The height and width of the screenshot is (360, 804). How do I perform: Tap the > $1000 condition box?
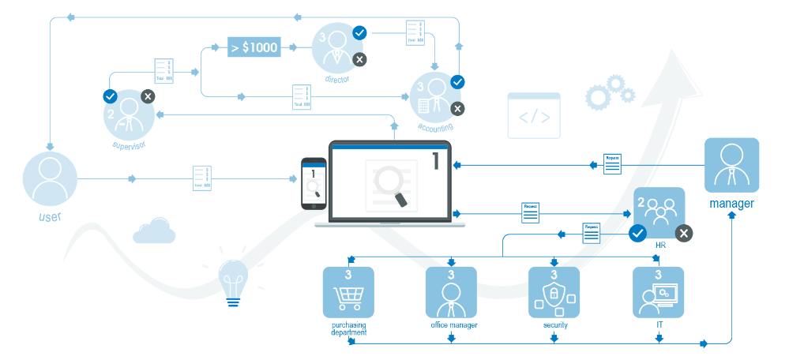coord(254,47)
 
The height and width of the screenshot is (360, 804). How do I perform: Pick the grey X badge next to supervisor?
coord(148,96)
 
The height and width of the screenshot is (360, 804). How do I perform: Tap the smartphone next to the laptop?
coord(314,184)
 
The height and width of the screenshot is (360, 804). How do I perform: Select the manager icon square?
coord(731,165)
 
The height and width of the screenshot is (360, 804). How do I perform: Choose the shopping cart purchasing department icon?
coord(348,292)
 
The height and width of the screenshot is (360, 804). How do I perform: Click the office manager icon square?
coord(451,292)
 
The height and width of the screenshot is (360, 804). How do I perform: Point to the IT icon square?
coord(658,292)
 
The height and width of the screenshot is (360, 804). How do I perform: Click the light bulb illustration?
coord(233,279)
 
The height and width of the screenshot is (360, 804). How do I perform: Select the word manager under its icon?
coord(731,204)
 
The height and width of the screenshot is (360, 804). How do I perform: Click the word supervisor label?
coord(130,145)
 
